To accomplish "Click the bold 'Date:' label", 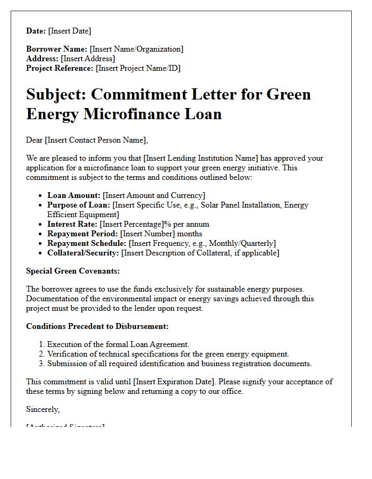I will (x=36, y=31).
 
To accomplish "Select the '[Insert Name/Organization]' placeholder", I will (x=137, y=49).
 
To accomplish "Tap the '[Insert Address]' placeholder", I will (x=88, y=59).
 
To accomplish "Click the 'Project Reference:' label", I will (x=60, y=68).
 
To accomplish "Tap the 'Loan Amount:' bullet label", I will (x=74, y=195).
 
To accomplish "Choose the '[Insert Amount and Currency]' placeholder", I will (x=154, y=195).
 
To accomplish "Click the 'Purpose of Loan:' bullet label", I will (x=79, y=205).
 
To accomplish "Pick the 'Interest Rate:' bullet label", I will (x=72, y=224).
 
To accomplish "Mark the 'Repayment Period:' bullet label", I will (x=82, y=234).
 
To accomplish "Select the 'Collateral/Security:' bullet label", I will (x=83, y=253).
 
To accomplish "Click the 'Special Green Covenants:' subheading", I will (x=73, y=271).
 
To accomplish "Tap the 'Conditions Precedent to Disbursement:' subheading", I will (x=97, y=326).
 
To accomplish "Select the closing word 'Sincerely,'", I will (x=43, y=409).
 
